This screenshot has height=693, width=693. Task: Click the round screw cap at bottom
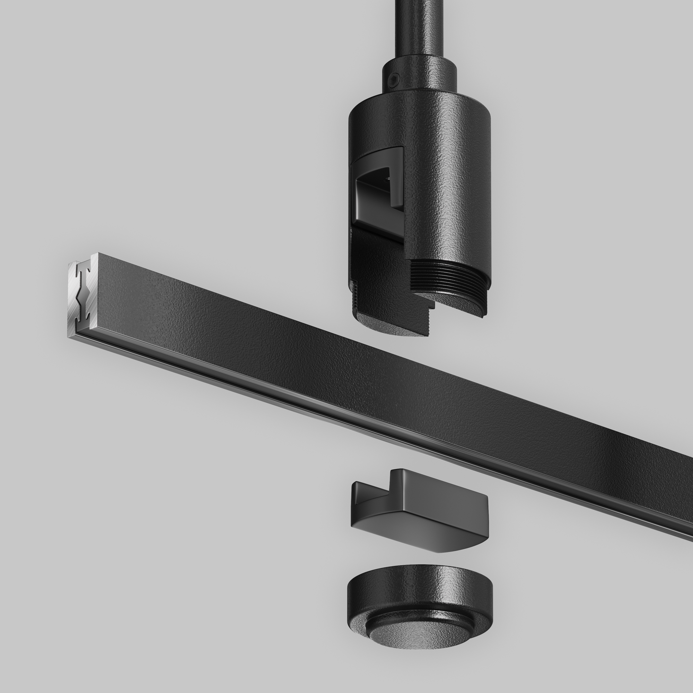420,606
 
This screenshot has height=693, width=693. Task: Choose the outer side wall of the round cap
420,599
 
